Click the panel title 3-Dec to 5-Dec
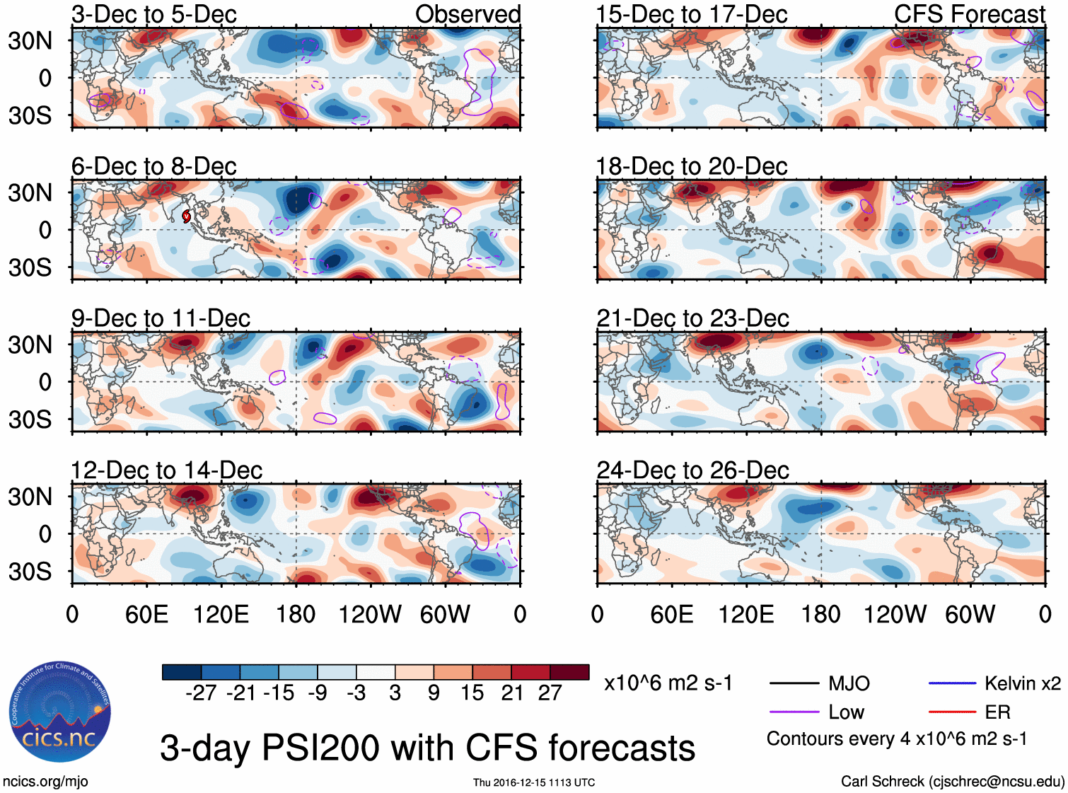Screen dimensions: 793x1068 point(153,14)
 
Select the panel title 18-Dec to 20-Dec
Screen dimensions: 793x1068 point(691,166)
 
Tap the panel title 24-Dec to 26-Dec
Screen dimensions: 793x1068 point(692,470)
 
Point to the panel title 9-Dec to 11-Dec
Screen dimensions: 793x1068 point(161,318)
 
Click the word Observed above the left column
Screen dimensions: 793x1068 point(468,14)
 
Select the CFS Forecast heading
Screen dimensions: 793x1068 point(969,14)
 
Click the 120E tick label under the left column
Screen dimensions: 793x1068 point(221,614)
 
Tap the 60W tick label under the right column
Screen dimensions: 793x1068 point(970,614)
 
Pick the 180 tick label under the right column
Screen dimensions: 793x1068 point(820,614)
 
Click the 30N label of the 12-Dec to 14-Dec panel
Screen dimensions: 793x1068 point(30,497)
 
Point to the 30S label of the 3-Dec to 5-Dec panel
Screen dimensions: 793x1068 point(30,115)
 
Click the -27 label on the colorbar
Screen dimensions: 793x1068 point(201,693)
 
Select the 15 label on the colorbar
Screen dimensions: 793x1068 point(472,693)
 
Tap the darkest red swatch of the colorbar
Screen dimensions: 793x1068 point(569,672)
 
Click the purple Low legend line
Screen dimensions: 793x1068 point(794,712)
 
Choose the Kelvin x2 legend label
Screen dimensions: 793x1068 point(1022,683)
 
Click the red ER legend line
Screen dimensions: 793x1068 point(952,712)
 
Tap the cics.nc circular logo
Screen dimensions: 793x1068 point(60,712)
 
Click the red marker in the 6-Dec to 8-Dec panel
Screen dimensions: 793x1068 point(187,216)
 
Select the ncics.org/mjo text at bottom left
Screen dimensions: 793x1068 point(45,782)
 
